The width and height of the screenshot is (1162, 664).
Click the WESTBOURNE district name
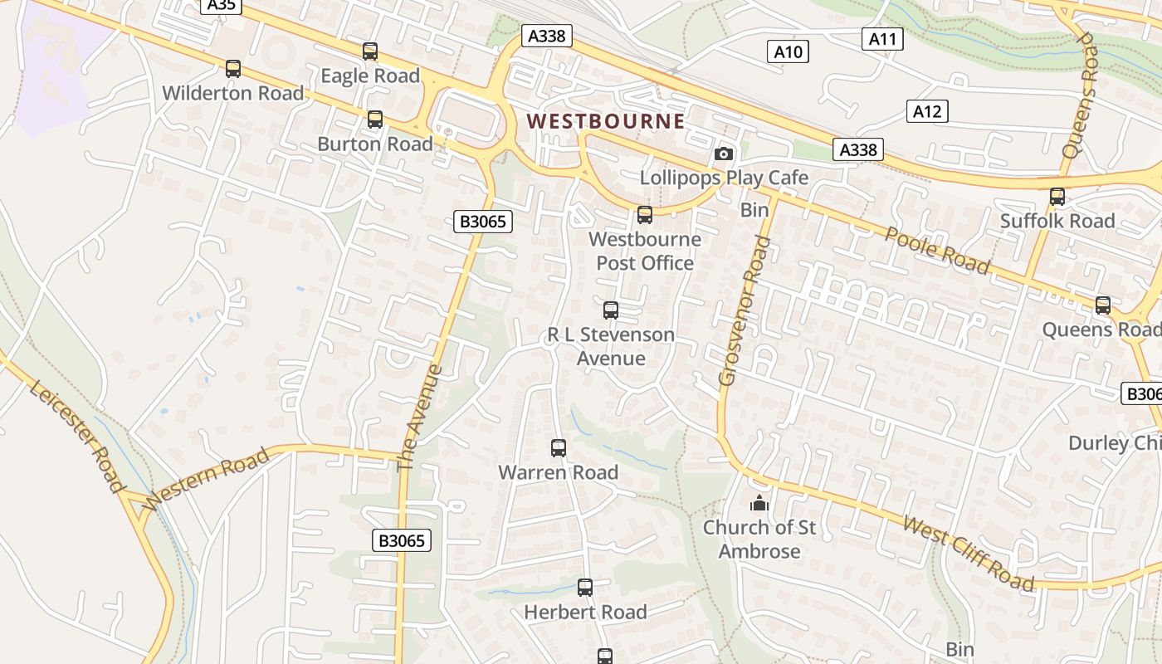pos(606,121)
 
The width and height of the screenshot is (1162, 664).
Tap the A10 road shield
pos(788,52)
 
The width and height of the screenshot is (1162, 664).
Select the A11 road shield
pos(881,38)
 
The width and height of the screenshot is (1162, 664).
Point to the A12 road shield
pos(926,111)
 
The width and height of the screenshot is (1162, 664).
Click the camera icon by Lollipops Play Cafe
pos(724,154)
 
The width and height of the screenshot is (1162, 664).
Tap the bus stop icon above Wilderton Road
pos(233,69)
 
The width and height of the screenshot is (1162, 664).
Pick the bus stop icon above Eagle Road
pos(370,51)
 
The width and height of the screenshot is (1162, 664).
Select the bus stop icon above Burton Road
pos(375,120)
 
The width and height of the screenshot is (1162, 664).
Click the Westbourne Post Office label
pos(645,251)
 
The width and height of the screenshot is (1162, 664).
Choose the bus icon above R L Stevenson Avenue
pos(611,310)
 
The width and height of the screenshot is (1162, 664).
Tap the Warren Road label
pos(558,472)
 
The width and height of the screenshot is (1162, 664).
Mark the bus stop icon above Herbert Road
pos(585,588)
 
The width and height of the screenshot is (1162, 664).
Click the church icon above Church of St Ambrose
pos(759,503)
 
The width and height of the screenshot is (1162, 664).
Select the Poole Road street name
pos(937,249)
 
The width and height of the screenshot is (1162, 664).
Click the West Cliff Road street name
pos(969,554)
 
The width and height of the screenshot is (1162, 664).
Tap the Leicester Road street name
pos(79,437)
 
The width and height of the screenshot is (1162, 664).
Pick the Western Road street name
pos(206,479)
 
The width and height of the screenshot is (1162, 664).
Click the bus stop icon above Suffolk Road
pos(1057,197)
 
